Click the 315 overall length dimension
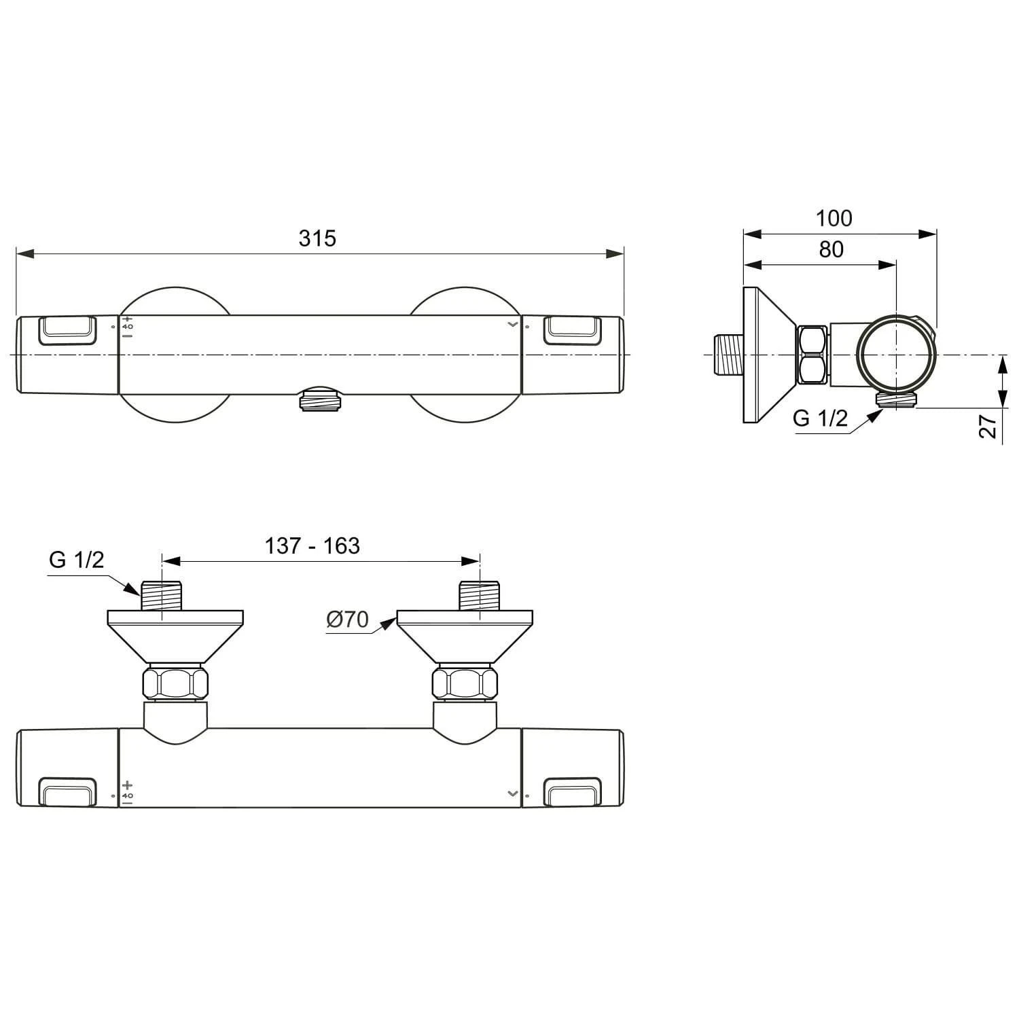pyautogui.click(x=317, y=238)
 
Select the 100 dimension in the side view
pyautogui.click(x=834, y=218)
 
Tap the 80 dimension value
pyautogui.click(x=831, y=249)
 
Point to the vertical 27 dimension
pyautogui.click(x=988, y=426)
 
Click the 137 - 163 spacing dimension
pyautogui.click(x=312, y=546)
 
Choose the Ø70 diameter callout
pyautogui.click(x=347, y=620)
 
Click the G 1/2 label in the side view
pyautogui.click(x=820, y=418)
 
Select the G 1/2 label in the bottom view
pyautogui.click(x=77, y=560)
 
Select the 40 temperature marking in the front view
pyautogui.click(x=128, y=327)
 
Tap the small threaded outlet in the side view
pyautogui.click(x=897, y=399)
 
